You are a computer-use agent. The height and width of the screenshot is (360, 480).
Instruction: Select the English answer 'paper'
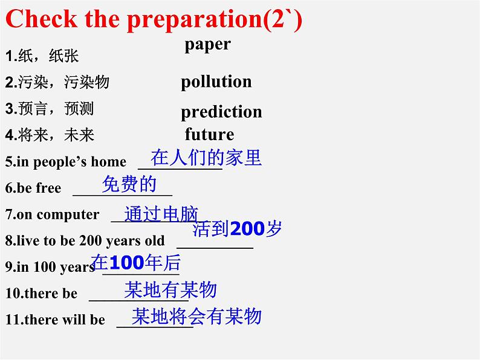click(207, 44)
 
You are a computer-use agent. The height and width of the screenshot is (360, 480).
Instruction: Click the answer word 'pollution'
click(216, 82)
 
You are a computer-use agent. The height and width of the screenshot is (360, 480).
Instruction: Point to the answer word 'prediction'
click(221, 112)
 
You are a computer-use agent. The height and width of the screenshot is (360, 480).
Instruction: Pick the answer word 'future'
click(209, 133)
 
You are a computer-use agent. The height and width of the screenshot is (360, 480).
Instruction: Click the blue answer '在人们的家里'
click(206, 158)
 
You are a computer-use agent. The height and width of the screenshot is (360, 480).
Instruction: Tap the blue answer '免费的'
click(129, 184)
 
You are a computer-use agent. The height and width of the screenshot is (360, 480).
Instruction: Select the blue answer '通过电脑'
click(161, 213)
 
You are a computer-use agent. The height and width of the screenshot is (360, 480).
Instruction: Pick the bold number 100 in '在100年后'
click(128, 263)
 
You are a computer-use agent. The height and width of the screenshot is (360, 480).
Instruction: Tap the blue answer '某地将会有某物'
click(197, 316)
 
